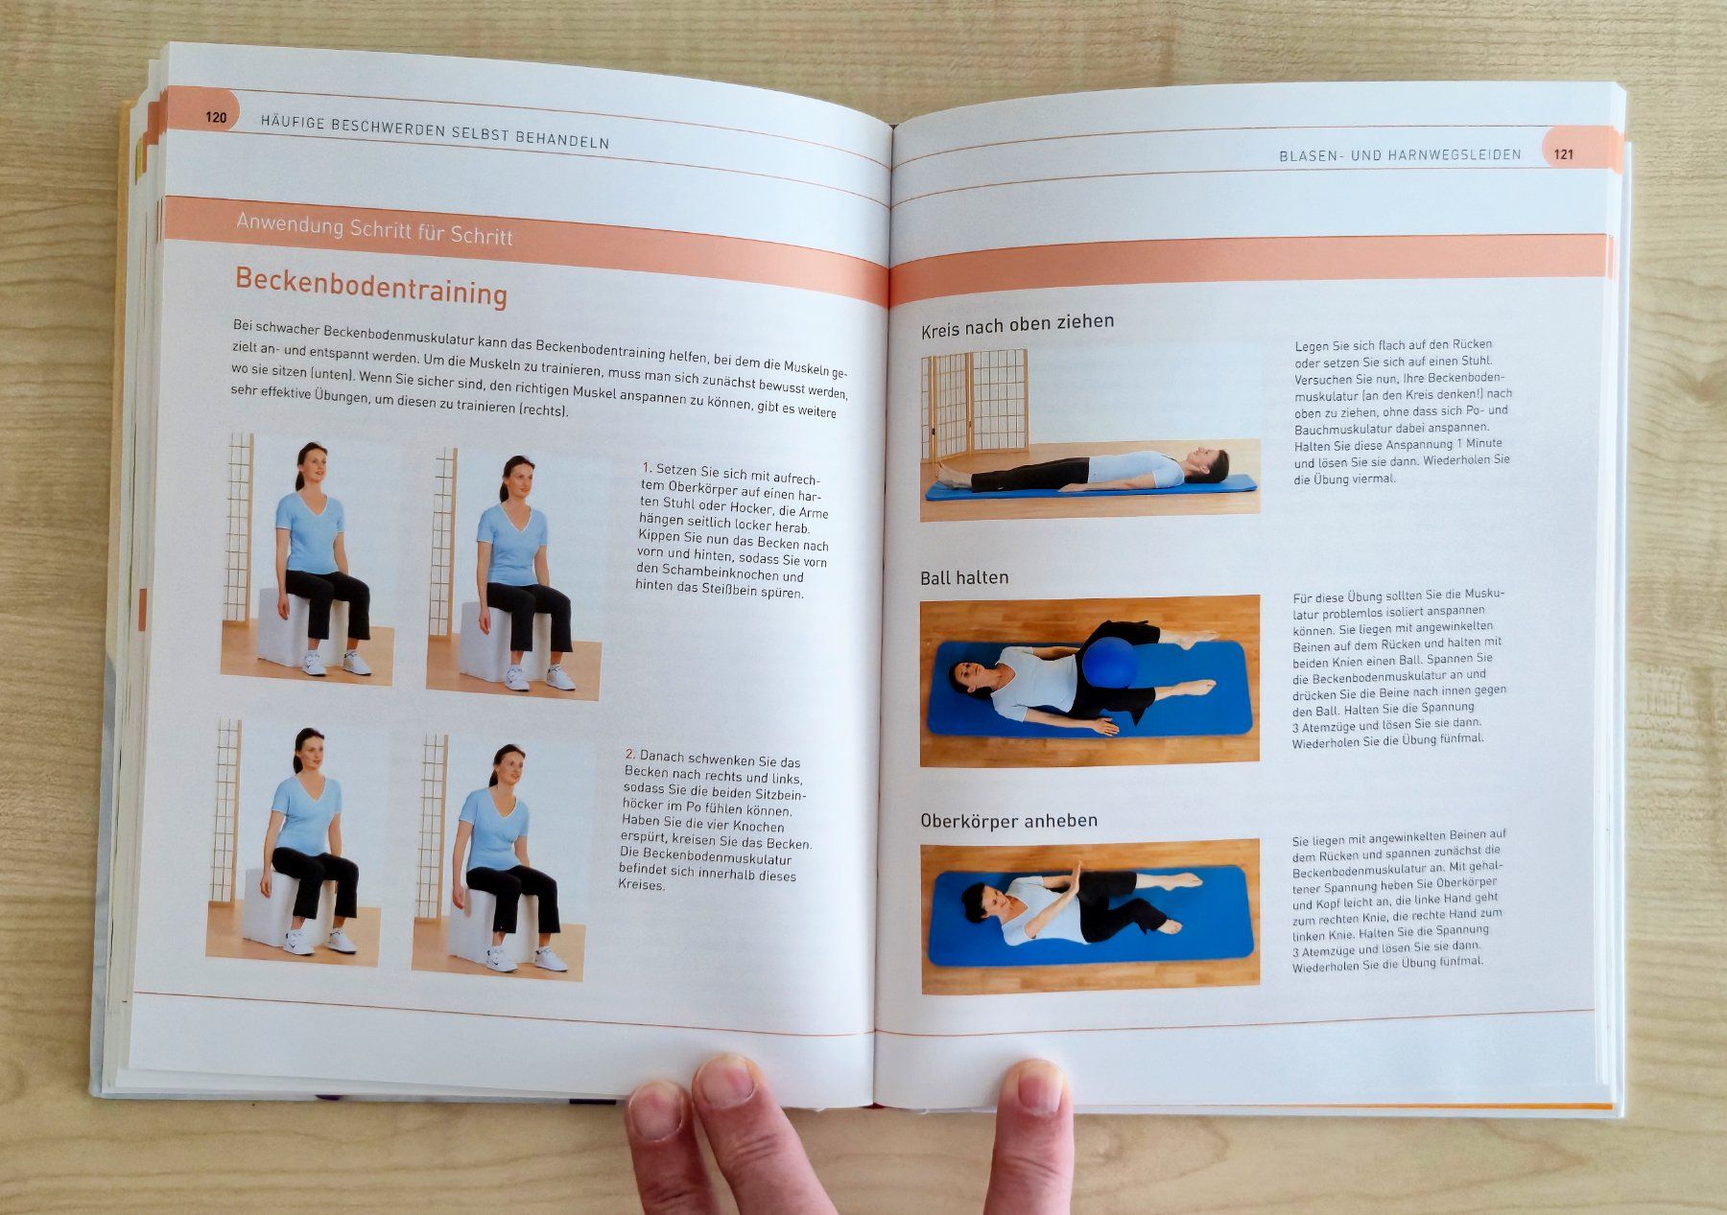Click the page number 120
(216, 117)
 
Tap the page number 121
(1564, 153)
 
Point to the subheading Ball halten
(964, 577)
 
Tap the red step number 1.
(647, 468)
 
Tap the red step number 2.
(629, 755)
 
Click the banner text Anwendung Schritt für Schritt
(374, 230)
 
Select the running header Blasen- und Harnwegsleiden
(1400, 154)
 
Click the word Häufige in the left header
(292, 123)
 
